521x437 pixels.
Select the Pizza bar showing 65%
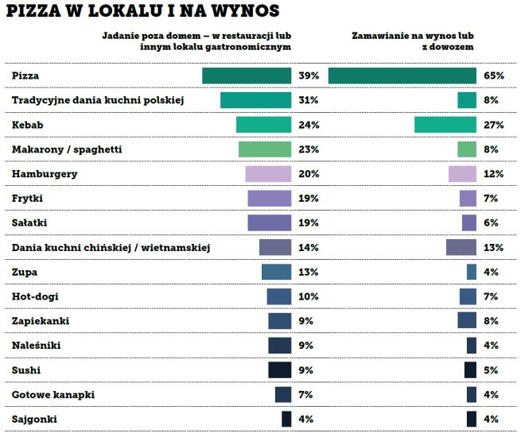click(402, 75)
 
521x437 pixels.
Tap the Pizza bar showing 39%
click(247, 75)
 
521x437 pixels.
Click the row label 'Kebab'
click(28, 125)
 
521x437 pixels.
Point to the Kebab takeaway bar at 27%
click(445, 125)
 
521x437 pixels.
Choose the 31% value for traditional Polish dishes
click(309, 100)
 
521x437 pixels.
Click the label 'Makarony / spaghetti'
click(67, 149)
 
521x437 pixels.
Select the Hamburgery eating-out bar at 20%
click(268, 174)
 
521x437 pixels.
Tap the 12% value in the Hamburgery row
click(493, 174)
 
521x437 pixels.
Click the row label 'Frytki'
click(28, 199)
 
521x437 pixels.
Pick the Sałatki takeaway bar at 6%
click(469, 223)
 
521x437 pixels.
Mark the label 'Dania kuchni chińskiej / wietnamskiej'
click(111, 248)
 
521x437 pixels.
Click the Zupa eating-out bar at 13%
click(276, 272)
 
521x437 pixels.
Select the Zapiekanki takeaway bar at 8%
click(467, 321)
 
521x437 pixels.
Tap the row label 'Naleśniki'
click(37, 346)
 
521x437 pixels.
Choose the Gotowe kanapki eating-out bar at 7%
click(283, 395)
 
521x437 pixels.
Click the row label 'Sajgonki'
click(34, 419)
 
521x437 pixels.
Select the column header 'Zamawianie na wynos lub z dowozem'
click(414, 41)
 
